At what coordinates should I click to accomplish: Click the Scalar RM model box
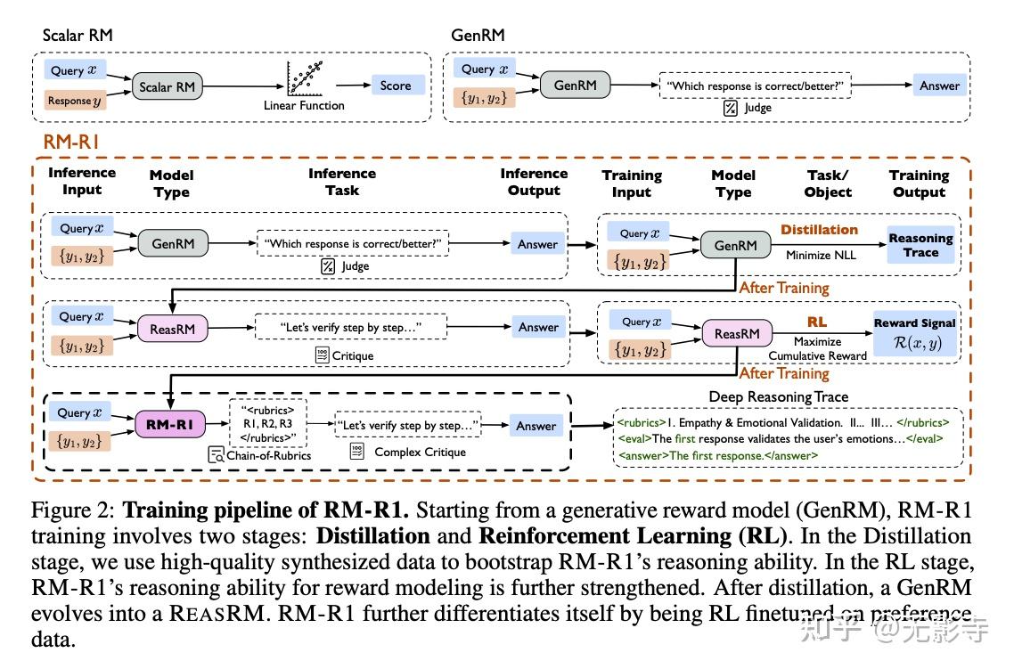click(x=167, y=86)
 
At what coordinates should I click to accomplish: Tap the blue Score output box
click(x=396, y=86)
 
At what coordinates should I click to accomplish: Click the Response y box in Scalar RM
click(x=75, y=100)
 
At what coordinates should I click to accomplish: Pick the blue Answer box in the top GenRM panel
click(x=940, y=86)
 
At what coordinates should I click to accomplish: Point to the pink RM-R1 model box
click(x=169, y=425)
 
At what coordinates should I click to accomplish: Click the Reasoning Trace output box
click(x=920, y=245)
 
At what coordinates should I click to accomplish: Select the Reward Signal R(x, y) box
click(x=914, y=334)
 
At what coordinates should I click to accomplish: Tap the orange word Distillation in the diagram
click(x=819, y=230)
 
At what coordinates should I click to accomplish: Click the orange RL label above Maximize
click(x=817, y=322)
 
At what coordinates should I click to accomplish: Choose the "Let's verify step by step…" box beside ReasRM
click(x=350, y=327)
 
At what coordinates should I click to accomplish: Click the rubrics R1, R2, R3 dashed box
click(x=267, y=423)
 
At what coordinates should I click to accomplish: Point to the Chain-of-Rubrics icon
click(x=216, y=455)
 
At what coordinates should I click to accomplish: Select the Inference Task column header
click(x=342, y=182)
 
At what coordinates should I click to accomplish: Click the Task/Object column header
click(x=828, y=184)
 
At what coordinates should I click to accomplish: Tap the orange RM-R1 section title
click(x=71, y=142)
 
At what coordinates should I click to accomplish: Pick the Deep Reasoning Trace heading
click(x=779, y=397)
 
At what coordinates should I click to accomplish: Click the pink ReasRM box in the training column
click(x=737, y=333)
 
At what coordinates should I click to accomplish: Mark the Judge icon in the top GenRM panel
click(x=730, y=108)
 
